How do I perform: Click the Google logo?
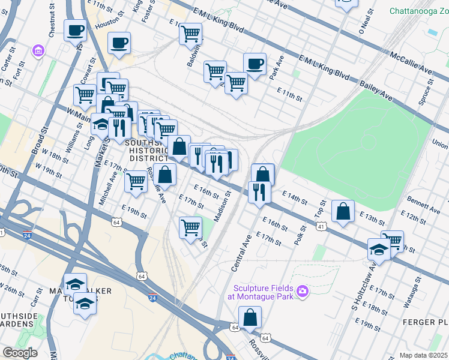pos(19,353)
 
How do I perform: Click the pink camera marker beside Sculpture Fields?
pos(303,291)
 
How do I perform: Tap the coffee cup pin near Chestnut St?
pos(75,30)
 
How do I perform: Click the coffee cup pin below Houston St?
pos(119,43)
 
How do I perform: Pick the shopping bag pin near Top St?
pos(343,212)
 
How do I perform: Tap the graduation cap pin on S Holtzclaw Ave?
pos(379,249)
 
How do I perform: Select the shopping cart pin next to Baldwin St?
pos(191,34)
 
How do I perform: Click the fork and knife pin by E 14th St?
pos(259,192)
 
